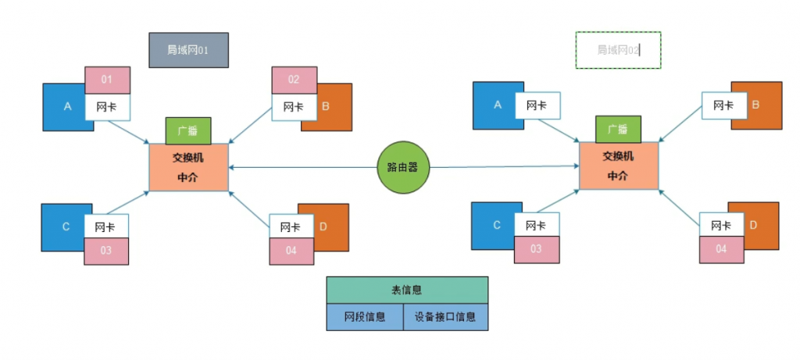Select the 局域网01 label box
(188, 50)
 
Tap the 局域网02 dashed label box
(618, 50)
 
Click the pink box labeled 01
(107, 80)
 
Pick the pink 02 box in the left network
(294, 80)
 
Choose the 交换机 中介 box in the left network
(188, 166)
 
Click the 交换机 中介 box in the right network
(618, 166)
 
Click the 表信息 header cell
(406, 290)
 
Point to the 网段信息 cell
(365, 317)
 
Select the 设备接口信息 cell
(446, 317)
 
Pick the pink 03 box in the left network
(105, 251)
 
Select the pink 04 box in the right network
(721, 249)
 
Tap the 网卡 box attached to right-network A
(536, 105)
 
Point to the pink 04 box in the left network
(291, 251)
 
